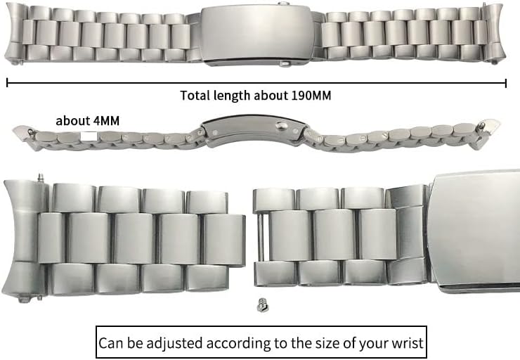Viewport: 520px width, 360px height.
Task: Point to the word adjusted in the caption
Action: pos(182,344)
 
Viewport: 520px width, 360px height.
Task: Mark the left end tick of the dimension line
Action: pos(7,83)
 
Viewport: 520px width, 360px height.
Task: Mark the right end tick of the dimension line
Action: pos(506,83)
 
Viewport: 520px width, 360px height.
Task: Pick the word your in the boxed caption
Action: pos(373,344)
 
